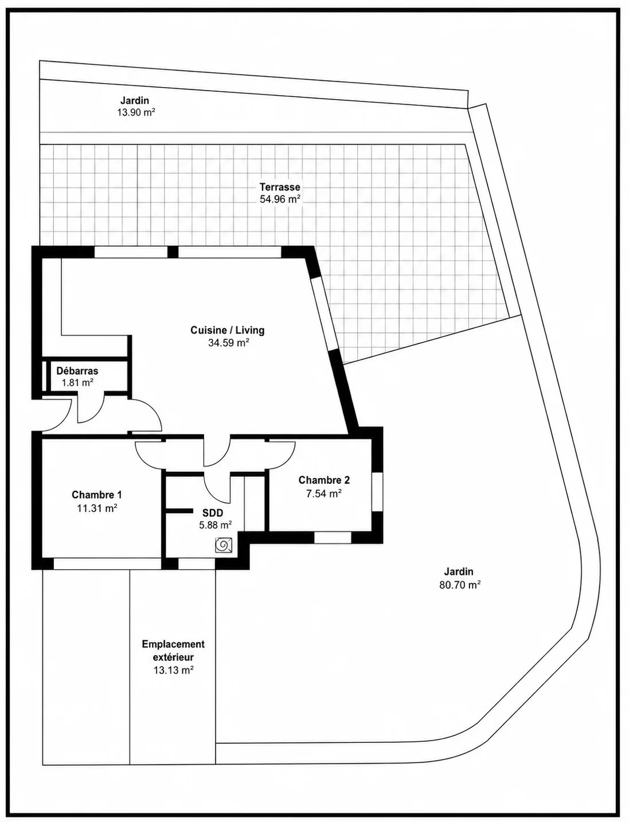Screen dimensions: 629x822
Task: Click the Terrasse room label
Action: [x=280, y=186]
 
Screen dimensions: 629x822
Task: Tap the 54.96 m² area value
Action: [x=280, y=199]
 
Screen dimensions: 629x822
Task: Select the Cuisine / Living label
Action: [x=228, y=330]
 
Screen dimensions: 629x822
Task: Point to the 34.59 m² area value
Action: [x=229, y=343]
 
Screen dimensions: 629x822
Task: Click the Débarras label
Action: [x=77, y=371]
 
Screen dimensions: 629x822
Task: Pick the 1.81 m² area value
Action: [x=77, y=383]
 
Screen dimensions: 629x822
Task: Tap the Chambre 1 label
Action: [x=97, y=495]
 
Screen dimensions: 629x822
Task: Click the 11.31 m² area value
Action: [x=97, y=508]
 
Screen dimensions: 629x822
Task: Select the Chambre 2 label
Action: [x=324, y=480]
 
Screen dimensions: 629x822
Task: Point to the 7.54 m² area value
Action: [x=324, y=494]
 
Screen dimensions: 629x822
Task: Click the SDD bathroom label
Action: [x=212, y=513]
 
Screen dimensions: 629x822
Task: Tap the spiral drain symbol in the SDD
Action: [x=224, y=545]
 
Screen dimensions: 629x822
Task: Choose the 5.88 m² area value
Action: [x=215, y=525]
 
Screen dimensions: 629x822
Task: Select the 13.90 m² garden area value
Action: [x=136, y=112]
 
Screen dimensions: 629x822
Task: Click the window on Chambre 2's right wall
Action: [x=378, y=492]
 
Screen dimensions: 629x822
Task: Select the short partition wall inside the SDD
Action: [x=179, y=510]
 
